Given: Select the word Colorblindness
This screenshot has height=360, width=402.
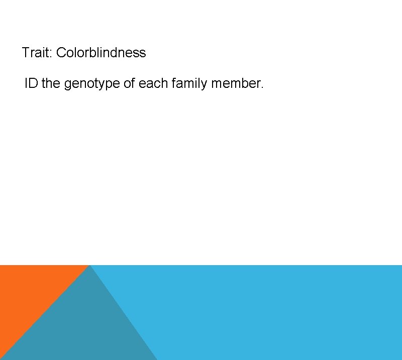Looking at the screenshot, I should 101,53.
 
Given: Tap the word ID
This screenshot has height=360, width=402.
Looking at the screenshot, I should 31,83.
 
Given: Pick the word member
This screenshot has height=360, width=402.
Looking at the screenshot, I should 236,83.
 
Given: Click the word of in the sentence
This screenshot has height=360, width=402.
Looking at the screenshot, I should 129,83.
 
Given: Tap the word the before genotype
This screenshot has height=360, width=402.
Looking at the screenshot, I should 50,83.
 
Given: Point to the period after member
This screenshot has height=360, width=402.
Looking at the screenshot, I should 261,87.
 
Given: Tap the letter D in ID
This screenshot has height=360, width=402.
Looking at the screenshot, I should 33,83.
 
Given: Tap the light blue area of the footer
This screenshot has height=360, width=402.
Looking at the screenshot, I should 276,311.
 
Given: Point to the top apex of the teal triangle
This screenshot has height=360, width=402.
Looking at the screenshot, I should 89,266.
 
